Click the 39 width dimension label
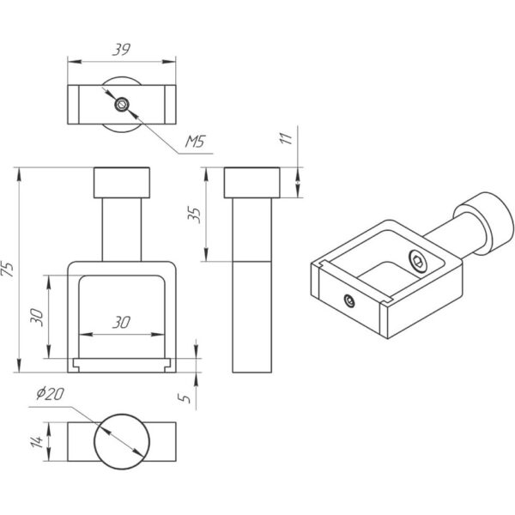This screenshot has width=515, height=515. click(x=121, y=50)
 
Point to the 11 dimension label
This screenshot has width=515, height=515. click(x=288, y=136)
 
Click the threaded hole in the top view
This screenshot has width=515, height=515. click(x=123, y=105)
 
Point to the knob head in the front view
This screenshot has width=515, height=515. click(x=121, y=184)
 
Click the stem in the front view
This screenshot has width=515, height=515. click(x=121, y=227)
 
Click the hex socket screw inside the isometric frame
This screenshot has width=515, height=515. click(x=416, y=262)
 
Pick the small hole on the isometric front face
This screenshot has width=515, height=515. click(x=349, y=300)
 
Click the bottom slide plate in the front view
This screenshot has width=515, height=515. click(x=121, y=364)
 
